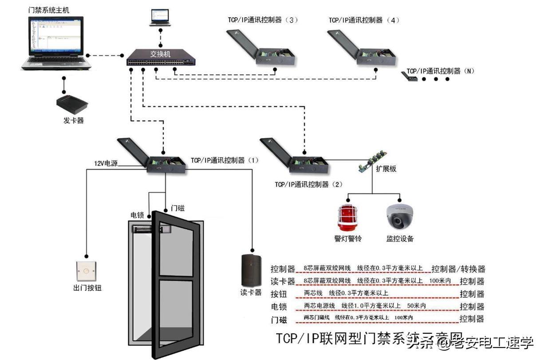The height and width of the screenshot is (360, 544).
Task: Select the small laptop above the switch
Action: click(160, 18)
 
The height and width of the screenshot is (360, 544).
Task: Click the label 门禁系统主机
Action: click(48, 10)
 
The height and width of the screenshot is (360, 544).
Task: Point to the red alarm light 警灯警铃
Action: click(347, 218)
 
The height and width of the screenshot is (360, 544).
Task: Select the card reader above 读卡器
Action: click(250, 270)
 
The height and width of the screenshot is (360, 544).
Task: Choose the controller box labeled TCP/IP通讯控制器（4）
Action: click(363, 47)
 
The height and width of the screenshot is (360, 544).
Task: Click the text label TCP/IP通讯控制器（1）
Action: click(225, 160)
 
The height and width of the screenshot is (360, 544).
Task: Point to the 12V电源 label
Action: click(106, 163)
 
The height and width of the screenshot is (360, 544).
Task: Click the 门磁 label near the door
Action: click(177, 208)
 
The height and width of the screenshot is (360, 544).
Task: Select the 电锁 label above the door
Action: click(137, 215)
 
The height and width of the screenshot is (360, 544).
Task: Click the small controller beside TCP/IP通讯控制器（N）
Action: click(410, 78)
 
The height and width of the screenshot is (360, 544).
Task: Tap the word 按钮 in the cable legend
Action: click(280, 293)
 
